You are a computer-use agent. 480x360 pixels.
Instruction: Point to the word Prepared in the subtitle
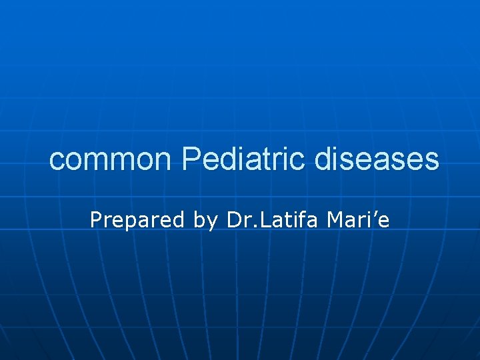pos(137,220)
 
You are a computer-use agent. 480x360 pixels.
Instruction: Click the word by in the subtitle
pos(205,221)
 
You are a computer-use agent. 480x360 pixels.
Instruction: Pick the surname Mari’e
pos(359,219)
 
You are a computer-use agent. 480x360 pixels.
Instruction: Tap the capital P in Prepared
pos(96,219)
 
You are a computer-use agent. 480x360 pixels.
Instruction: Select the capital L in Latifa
pos(261,219)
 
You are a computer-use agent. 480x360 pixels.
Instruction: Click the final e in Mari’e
pos(383,221)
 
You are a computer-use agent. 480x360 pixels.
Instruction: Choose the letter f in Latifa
pos(299,219)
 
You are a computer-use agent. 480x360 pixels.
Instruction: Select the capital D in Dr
pos(233,219)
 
